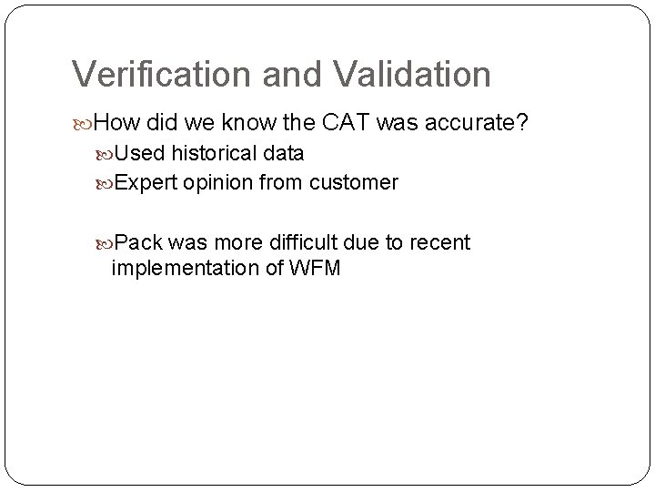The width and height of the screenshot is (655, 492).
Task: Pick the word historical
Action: pos(212,153)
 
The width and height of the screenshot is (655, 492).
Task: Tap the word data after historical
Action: pos(284,153)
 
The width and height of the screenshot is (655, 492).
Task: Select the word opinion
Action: pos(217,183)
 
